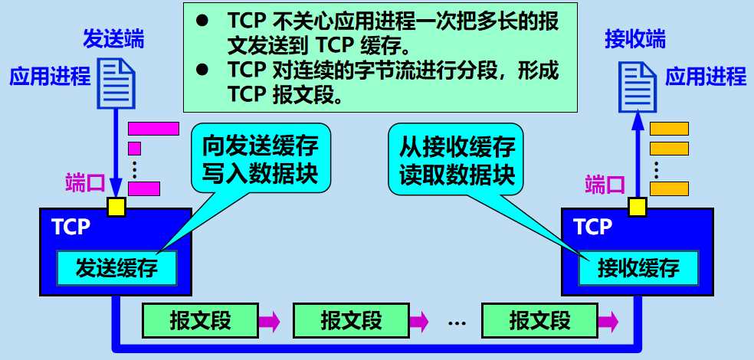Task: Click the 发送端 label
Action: [113, 40]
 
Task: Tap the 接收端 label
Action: [634, 40]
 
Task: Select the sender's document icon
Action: [116, 83]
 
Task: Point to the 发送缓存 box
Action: [116, 267]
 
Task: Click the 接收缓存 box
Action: [638, 267]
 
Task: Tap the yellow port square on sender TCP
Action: [116, 207]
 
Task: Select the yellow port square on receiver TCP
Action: [638, 207]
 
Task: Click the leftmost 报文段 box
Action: [199, 320]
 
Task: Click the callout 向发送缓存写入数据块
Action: [261, 158]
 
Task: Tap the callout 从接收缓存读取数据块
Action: [457, 158]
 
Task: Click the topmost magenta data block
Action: [153, 128]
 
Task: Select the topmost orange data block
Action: [669, 128]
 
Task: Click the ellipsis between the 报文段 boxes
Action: [457, 322]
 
